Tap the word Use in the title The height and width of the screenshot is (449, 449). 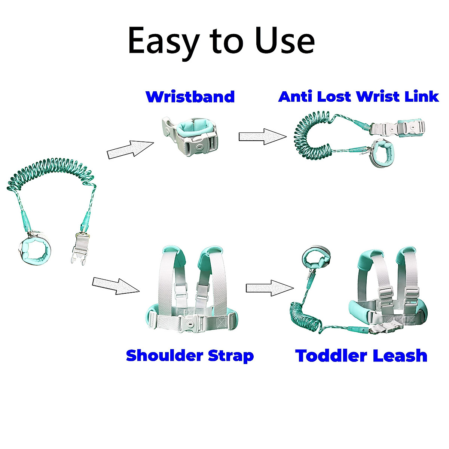coord(285,40)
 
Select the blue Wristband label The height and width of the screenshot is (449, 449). coord(190,97)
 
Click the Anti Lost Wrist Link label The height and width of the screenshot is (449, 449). coord(358,97)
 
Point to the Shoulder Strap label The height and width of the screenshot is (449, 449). coord(190,355)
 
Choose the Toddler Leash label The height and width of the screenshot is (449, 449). coord(361,355)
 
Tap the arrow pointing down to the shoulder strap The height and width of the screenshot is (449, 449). coord(115,285)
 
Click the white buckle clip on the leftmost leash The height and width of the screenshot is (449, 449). coord(79,249)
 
